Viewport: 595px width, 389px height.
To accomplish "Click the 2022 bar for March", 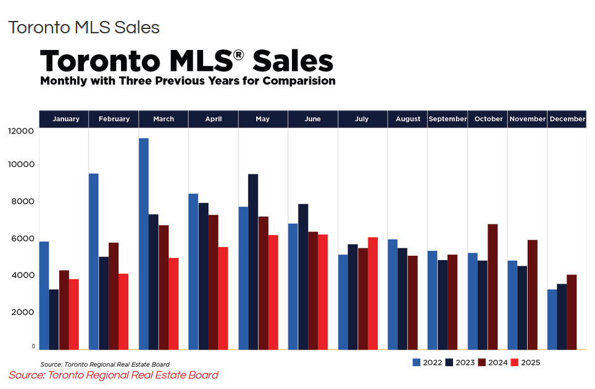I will [x=144, y=244].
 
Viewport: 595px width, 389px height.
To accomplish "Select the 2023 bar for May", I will [x=253, y=262].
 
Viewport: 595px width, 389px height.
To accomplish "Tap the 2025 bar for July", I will [x=372, y=293].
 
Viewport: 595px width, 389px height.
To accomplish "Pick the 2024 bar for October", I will [x=492, y=287].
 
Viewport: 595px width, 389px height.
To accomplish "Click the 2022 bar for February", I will [x=94, y=261].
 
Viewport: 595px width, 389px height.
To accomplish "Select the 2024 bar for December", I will [x=572, y=312].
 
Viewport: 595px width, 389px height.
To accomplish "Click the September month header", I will [x=447, y=119].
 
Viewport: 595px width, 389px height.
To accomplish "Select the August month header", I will [x=407, y=119].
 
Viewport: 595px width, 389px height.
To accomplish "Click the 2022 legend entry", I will [x=427, y=362].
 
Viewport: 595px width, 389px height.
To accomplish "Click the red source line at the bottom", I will [x=113, y=375].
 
